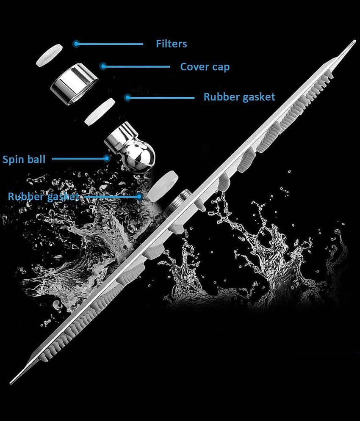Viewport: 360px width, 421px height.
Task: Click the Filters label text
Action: point(171,44)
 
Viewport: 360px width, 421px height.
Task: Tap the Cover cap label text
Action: point(205,67)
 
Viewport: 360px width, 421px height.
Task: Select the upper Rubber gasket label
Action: point(239,97)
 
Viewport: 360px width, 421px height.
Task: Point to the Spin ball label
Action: point(24,160)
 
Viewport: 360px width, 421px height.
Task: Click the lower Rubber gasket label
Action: point(44,197)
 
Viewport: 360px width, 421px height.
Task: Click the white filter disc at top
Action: point(50,55)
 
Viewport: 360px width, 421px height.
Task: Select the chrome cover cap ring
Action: point(74,84)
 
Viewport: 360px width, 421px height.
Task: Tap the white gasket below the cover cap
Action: point(100,112)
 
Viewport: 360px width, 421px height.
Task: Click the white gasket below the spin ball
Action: point(163,186)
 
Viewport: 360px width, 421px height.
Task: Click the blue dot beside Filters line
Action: point(76,44)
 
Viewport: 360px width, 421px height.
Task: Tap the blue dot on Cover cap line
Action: point(103,66)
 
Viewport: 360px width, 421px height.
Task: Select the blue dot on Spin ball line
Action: point(107,158)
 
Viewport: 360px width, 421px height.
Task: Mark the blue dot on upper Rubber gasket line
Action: point(128,97)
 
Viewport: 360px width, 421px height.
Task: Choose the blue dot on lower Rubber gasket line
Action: point(139,197)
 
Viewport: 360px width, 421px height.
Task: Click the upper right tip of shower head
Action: point(355,41)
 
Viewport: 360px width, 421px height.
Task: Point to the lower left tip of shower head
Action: point(11,383)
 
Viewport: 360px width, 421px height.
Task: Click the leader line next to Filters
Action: point(110,44)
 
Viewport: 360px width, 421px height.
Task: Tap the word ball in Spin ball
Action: point(36,159)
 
